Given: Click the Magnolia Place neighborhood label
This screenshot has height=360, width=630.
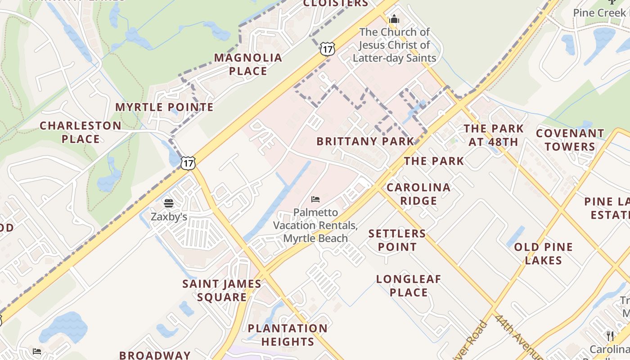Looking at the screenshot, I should click(248, 64).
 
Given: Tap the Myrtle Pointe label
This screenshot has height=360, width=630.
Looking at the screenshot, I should click(164, 107).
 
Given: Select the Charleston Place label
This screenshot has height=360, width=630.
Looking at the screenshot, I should click(81, 132).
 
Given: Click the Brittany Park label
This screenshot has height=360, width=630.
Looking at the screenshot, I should click(365, 141).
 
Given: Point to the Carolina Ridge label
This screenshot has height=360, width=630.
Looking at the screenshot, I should click(418, 194).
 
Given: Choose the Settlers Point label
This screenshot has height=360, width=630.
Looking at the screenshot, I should click(397, 240).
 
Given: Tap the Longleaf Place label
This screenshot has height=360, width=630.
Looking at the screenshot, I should click(409, 286).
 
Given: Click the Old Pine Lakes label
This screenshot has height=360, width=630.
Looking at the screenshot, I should click(543, 254).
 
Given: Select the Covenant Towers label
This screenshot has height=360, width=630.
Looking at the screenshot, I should click(570, 140).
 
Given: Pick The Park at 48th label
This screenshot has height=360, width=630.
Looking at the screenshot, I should click(494, 135).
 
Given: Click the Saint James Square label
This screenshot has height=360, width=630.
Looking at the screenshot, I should click(222, 291).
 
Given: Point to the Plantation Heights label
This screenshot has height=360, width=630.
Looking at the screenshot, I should click(288, 335).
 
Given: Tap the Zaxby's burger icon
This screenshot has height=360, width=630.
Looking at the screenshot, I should click(169, 203).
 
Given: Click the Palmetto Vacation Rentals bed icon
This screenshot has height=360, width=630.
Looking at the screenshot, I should click(315, 199).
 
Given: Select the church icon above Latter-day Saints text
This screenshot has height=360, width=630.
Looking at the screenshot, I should click(394, 19).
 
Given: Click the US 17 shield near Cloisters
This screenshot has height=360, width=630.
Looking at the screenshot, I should click(328, 49).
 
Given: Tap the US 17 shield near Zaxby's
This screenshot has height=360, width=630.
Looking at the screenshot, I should click(188, 163).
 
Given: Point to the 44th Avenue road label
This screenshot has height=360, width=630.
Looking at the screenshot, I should click(514, 335).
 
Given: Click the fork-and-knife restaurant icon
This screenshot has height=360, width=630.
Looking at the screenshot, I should click(610, 335).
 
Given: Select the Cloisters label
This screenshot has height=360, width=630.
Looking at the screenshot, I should click(336, 4).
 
